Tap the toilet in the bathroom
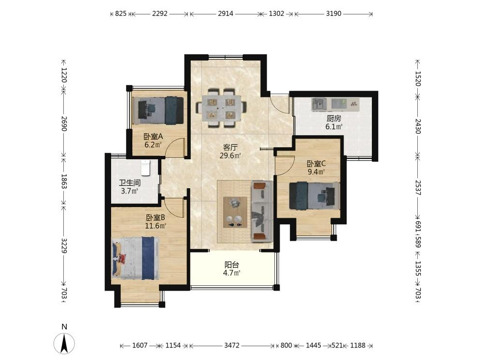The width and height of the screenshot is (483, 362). (x=145, y=168)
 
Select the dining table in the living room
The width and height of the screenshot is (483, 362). (x=222, y=108)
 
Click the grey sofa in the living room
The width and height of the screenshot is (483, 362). (x=262, y=211)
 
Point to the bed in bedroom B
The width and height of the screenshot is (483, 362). (x=136, y=258)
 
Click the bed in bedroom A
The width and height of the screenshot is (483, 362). (x=158, y=111)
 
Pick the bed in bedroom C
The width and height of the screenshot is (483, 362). (x=314, y=196)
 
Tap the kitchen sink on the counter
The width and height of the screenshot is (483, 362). (x=319, y=104)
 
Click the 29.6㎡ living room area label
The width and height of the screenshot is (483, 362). (x=230, y=156)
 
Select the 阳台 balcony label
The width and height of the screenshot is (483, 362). (x=232, y=265)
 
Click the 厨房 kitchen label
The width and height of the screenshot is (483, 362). (x=334, y=119)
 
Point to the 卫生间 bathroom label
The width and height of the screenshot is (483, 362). (x=129, y=183)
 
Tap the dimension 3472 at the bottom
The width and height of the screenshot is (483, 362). (x=232, y=346)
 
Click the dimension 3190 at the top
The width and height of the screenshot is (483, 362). (x=334, y=14)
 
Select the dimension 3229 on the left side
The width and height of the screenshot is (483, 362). (x=64, y=245)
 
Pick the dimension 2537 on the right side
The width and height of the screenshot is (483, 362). (x=418, y=187)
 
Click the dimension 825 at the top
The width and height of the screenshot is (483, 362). (x=121, y=14)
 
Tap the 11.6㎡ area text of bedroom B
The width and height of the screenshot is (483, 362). (x=156, y=226)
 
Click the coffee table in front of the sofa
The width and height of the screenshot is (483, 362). (x=235, y=212)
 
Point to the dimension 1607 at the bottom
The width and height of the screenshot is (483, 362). (x=140, y=346)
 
